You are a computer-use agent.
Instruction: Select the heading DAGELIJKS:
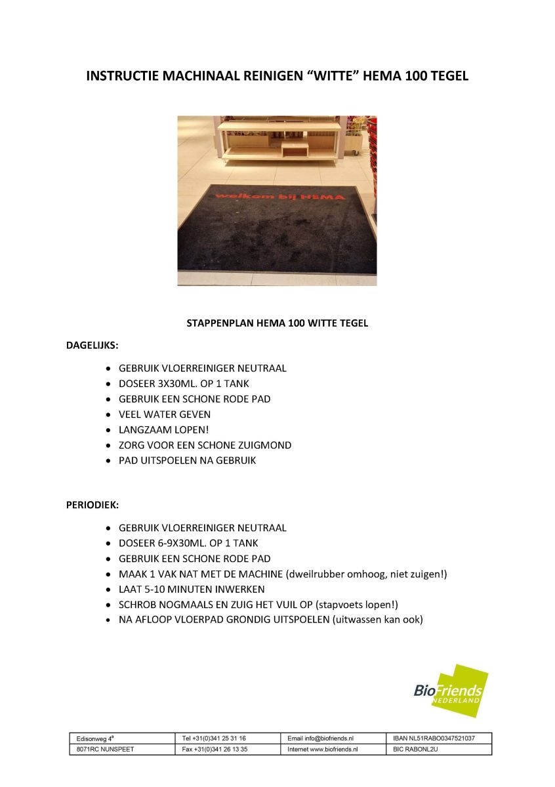92,344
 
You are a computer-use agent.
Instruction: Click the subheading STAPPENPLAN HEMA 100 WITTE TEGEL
277,323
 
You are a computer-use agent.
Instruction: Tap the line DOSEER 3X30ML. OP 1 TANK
184,384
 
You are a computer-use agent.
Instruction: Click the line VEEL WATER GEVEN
165,414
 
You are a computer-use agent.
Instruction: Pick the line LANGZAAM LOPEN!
163,430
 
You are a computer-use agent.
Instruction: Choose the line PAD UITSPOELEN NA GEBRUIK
187,460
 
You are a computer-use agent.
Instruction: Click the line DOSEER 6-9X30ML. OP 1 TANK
188,543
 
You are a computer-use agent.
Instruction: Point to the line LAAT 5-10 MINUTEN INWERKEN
192,589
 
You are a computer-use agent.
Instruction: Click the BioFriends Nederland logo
451,691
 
